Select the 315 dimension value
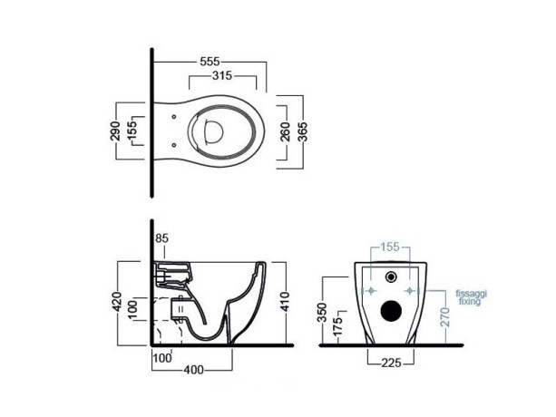point(215,76)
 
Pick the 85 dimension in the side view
point(163,238)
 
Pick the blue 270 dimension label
point(445,318)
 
